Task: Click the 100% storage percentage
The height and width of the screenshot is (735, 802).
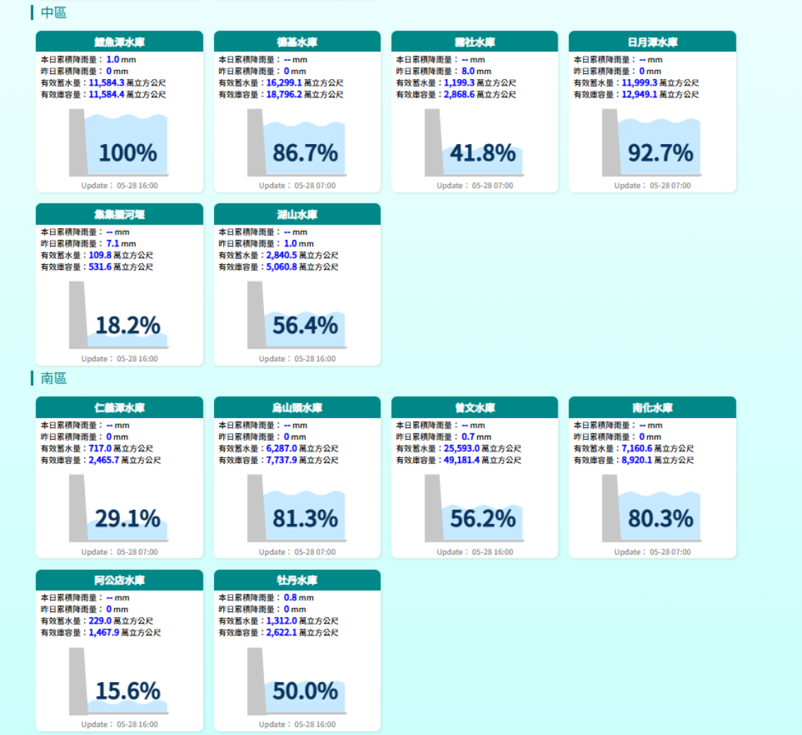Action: coord(128,153)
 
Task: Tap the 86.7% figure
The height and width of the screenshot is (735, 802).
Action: coord(306,153)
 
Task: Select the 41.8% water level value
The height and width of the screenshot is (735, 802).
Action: coord(483,153)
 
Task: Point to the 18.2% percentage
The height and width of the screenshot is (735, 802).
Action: coord(128,325)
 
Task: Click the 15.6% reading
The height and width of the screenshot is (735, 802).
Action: coord(128,691)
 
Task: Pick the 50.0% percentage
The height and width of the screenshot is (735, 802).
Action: coord(306,691)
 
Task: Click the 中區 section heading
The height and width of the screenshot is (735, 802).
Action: coord(54,13)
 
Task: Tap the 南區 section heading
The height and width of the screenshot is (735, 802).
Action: coord(54,379)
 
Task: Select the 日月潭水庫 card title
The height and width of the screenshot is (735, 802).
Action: coord(652,42)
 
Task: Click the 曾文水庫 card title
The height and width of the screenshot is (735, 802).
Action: coord(474,408)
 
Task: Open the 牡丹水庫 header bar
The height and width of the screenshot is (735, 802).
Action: coord(297,580)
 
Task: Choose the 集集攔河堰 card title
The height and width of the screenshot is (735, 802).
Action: coord(119,215)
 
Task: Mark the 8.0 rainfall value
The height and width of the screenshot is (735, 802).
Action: coord(468,71)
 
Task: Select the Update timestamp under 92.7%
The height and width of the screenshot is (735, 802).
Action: coord(652,186)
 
